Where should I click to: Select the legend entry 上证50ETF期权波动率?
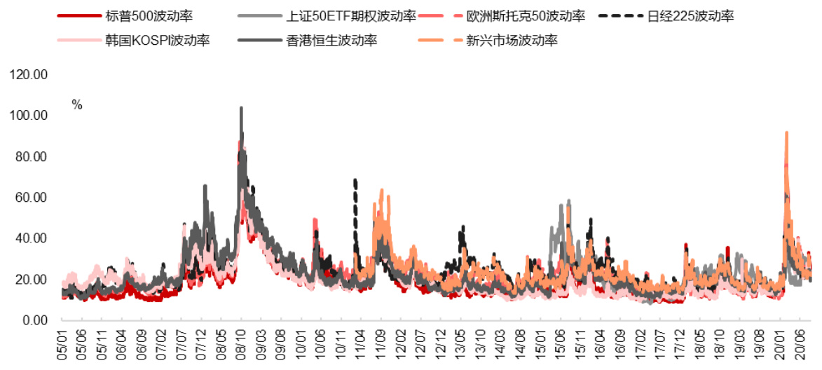351,15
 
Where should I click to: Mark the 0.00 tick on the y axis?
35,321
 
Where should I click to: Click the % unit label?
77,105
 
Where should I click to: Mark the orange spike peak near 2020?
786,132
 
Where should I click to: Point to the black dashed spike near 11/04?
355,181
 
